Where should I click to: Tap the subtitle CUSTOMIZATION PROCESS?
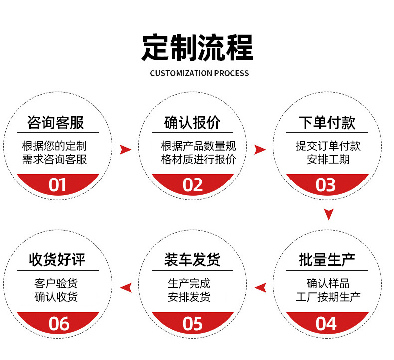[199, 73]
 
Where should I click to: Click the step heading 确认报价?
[192, 123]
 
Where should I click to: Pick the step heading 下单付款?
[328, 123]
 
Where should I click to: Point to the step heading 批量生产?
[327, 260]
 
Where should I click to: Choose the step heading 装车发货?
[192, 260]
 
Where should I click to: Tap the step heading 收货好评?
[57, 260]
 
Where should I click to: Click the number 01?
[57, 185]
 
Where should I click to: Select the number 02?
[193, 185]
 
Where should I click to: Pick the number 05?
[193, 323]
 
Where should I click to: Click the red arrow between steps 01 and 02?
[126, 149]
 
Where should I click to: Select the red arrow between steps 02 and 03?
[260, 149]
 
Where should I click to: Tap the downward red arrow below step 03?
[328, 214]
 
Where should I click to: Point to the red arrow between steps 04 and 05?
[260, 287]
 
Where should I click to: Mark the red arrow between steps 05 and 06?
[126, 287]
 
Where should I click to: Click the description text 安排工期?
[328, 160]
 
